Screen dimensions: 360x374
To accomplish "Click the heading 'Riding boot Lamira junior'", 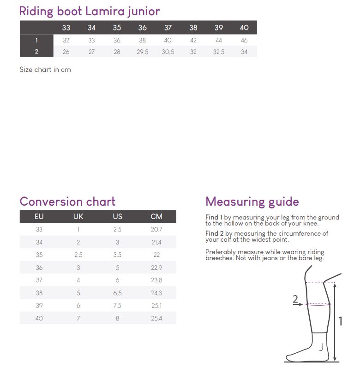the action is click(x=89, y=12).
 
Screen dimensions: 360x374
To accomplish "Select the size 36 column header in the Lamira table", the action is click(x=142, y=28).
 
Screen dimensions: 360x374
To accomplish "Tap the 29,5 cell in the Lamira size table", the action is click(x=142, y=52).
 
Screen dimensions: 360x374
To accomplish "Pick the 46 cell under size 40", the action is click(x=244, y=40).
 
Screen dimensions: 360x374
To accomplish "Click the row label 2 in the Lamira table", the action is click(x=36, y=52).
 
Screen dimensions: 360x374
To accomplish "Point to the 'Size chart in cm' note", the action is click(x=45, y=70).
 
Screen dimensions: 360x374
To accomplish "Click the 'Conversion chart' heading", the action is click(x=67, y=202).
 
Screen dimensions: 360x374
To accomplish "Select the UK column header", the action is click(x=78, y=217).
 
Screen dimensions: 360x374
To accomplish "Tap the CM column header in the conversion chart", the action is click(x=156, y=217).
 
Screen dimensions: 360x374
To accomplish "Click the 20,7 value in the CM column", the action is click(x=156, y=230).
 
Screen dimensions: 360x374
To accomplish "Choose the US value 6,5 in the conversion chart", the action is click(x=117, y=293).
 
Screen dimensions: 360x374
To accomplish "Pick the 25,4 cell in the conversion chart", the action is click(x=156, y=318).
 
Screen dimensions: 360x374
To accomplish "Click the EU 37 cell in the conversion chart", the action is click(x=39, y=280).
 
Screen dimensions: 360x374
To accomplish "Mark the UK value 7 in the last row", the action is click(x=78, y=318).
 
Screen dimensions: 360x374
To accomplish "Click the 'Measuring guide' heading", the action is click(x=252, y=202).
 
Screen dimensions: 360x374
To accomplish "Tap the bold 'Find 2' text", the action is click(x=214, y=233).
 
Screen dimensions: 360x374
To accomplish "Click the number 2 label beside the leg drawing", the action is click(x=295, y=299).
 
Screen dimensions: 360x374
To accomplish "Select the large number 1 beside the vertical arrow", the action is click(x=341, y=321).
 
